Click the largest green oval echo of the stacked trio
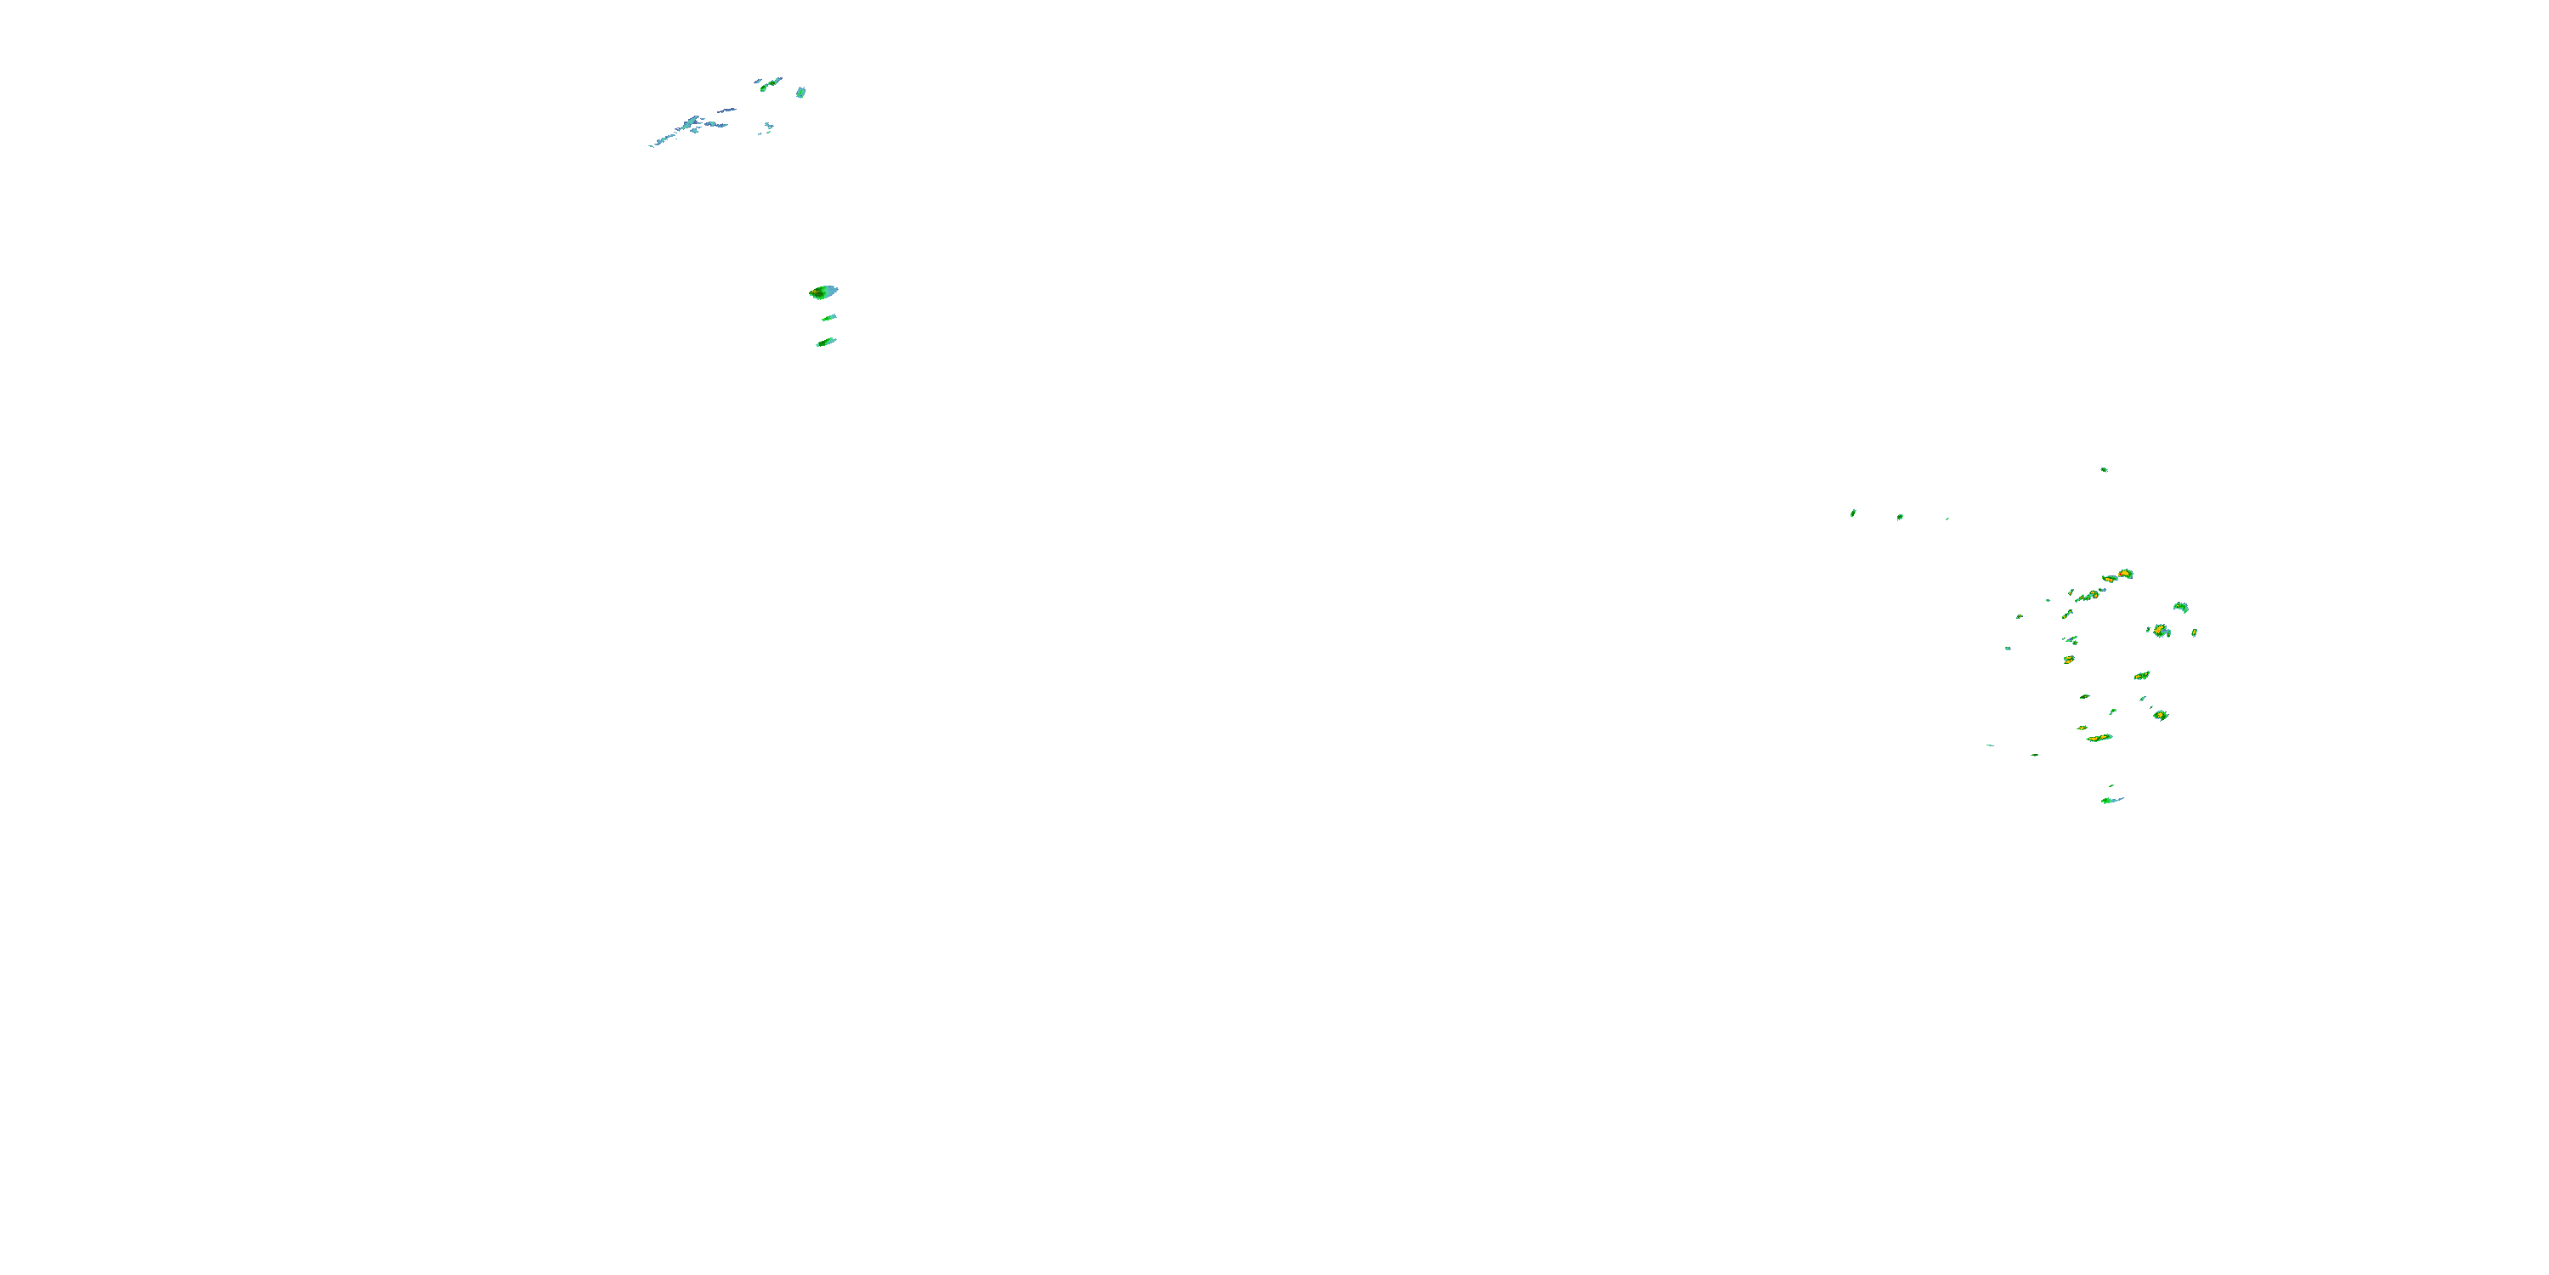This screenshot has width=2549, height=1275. pyautogui.click(x=823, y=292)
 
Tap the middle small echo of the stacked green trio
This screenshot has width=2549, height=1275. pyautogui.click(x=829, y=318)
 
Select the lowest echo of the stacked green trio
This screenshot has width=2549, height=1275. pyautogui.click(x=825, y=343)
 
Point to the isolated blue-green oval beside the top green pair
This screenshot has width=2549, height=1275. pyautogui.click(x=800, y=92)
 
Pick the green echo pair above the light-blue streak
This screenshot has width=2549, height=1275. pyautogui.click(x=770, y=84)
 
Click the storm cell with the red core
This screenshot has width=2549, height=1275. pyautogui.click(x=2124, y=574)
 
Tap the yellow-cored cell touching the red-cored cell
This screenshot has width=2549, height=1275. pyautogui.click(x=2110, y=578)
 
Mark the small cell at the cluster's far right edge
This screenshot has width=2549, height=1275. pyautogui.click(x=2195, y=632)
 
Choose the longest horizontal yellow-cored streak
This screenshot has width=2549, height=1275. pyautogui.click(x=2099, y=738)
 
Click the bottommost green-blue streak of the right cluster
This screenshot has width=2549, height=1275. pyautogui.click(x=2111, y=800)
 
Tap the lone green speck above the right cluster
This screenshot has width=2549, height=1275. pyautogui.click(x=2104, y=469)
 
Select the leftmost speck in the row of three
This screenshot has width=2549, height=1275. pyautogui.click(x=1853, y=513)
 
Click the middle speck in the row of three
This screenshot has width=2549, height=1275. pyautogui.click(x=1900, y=517)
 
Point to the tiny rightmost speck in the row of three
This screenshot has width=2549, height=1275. pyautogui.click(x=1947, y=518)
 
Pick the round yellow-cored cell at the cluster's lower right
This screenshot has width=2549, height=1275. pyautogui.click(x=2160, y=715)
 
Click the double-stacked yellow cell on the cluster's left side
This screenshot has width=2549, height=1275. pyautogui.click(x=2068, y=658)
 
